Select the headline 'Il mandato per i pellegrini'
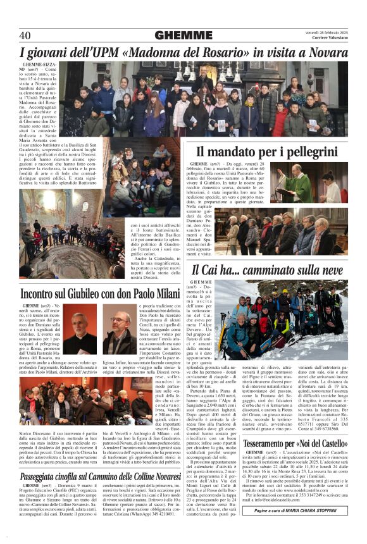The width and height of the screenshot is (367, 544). point(267,152)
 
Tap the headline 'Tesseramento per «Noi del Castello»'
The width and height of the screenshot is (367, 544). point(295,443)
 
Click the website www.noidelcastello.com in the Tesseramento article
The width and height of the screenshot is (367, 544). point(304,508)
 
